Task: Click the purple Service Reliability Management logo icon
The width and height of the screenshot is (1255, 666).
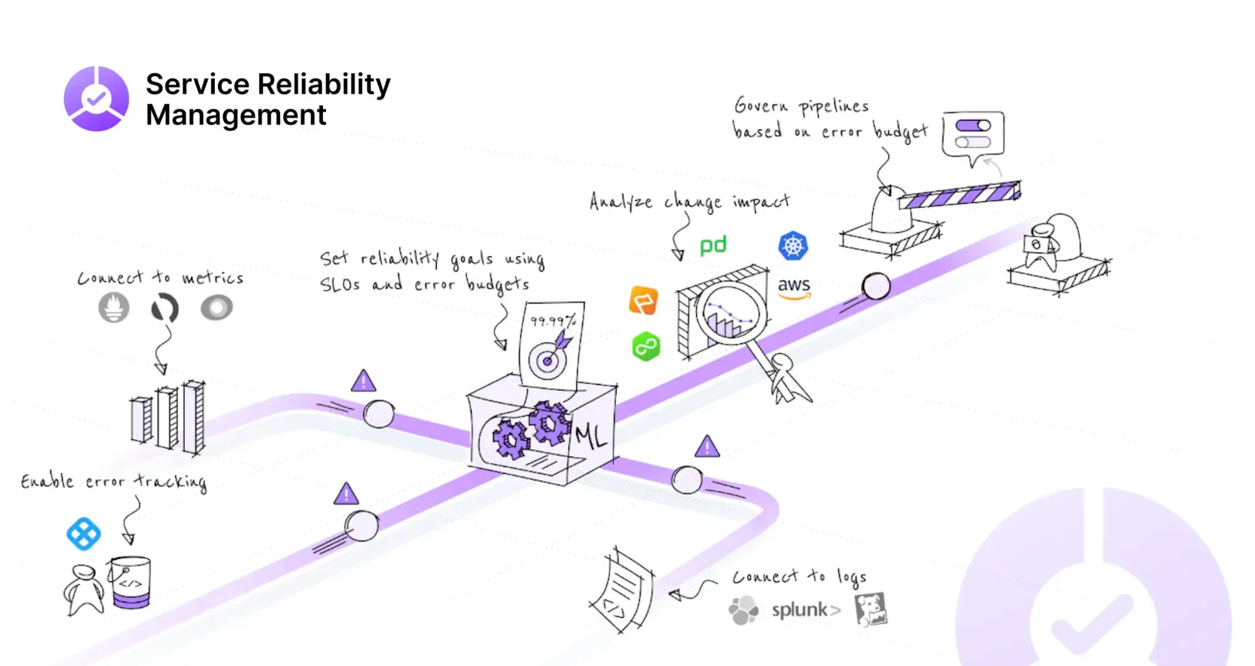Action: (x=96, y=99)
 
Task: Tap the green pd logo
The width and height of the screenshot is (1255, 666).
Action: (x=713, y=246)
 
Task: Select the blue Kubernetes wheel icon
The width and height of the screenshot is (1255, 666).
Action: (x=793, y=246)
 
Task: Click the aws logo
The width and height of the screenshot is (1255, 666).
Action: (x=794, y=287)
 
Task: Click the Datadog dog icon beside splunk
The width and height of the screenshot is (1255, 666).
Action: (x=871, y=609)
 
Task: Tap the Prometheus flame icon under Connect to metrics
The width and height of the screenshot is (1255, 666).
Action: (x=114, y=307)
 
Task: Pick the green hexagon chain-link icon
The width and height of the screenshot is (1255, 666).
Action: (x=645, y=347)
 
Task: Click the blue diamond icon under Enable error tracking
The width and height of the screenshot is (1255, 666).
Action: (x=84, y=533)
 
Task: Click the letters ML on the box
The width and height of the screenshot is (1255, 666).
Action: (x=591, y=436)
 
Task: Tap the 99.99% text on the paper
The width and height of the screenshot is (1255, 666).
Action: (x=553, y=321)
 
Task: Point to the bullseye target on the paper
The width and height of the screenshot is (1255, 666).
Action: (x=546, y=361)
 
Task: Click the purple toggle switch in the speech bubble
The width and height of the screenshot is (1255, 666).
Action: (x=973, y=126)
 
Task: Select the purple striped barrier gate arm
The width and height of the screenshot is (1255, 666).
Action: (x=959, y=195)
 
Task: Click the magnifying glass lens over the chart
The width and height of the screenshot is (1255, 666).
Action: (x=731, y=313)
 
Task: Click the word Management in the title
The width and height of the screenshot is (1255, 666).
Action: (x=236, y=115)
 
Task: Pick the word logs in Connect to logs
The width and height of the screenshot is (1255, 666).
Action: (x=852, y=576)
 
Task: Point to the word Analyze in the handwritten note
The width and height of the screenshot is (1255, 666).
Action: (x=620, y=202)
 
